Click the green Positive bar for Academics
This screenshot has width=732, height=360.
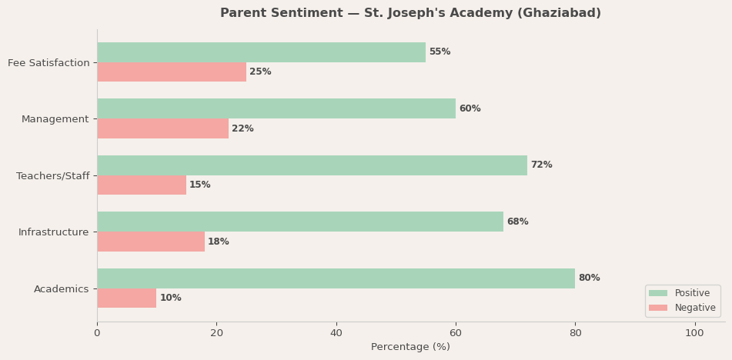(336, 278)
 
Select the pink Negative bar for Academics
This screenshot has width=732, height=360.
(127, 298)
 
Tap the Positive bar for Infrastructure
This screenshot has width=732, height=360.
(300, 222)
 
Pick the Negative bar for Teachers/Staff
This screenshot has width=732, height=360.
(142, 185)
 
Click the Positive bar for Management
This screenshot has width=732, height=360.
(276, 108)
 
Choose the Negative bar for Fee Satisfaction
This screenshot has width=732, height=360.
(172, 72)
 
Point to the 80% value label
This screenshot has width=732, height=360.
(589, 278)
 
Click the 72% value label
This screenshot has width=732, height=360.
(541, 165)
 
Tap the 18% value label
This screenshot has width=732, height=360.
(219, 242)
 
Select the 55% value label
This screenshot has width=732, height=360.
(440, 52)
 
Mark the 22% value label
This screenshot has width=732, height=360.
(242, 129)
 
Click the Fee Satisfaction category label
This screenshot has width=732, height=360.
(48, 63)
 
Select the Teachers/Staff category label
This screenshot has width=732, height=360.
(52, 176)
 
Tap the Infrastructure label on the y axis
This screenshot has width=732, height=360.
(54, 232)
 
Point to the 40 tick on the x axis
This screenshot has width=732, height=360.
(336, 333)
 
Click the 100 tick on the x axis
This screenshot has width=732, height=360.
(694, 333)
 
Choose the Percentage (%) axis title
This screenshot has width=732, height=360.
(410, 348)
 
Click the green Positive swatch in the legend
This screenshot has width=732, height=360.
(658, 293)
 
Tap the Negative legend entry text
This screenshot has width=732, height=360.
(695, 308)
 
